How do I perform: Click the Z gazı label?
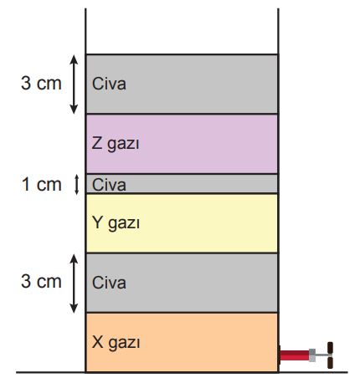[116, 144]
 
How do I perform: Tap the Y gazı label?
[116, 223]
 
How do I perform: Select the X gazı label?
[116, 342]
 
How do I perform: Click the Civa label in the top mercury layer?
[109, 84]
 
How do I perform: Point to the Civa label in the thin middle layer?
[109, 185]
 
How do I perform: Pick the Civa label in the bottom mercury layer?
[109, 283]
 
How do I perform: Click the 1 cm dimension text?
[41, 184]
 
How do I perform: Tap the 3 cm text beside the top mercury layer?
[41, 83]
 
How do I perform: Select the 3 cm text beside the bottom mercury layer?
[41, 281]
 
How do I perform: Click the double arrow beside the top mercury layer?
[74, 84]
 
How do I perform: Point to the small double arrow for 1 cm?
[76, 185]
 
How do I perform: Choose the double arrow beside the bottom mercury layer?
[74, 283]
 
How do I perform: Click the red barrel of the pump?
[295, 355]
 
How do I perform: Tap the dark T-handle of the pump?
[330, 355]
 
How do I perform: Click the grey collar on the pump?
[312, 355]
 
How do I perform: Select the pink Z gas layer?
[182, 144]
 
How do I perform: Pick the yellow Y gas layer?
[182, 223]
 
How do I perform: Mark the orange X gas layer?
[182, 342]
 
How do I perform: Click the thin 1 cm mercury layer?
[182, 184]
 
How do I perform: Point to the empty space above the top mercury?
[182, 31]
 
